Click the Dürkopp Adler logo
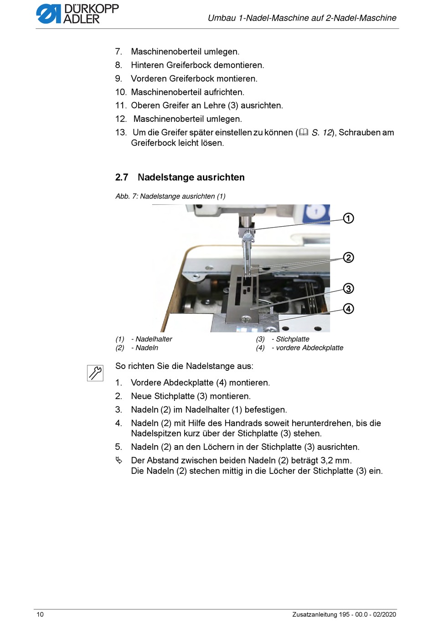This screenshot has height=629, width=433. (x=77, y=14)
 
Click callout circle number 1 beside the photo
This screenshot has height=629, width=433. (x=348, y=218)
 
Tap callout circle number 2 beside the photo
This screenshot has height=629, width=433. (x=348, y=258)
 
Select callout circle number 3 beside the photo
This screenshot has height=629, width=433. (x=348, y=289)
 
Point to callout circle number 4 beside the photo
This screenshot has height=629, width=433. (x=348, y=309)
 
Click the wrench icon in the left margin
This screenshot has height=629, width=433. (x=95, y=373)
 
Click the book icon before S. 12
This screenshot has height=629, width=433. (x=304, y=132)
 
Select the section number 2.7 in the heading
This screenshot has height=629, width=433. (x=122, y=177)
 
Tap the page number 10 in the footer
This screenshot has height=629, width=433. (x=40, y=614)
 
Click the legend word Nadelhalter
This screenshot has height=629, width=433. (x=154, y=339)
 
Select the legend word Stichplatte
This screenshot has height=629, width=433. (x=293, y=339)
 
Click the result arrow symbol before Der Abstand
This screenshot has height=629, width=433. (x=119, y=460)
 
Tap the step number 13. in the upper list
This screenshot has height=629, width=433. (x=121, y=132)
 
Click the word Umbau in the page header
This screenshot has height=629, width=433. (x=222, y=18)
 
